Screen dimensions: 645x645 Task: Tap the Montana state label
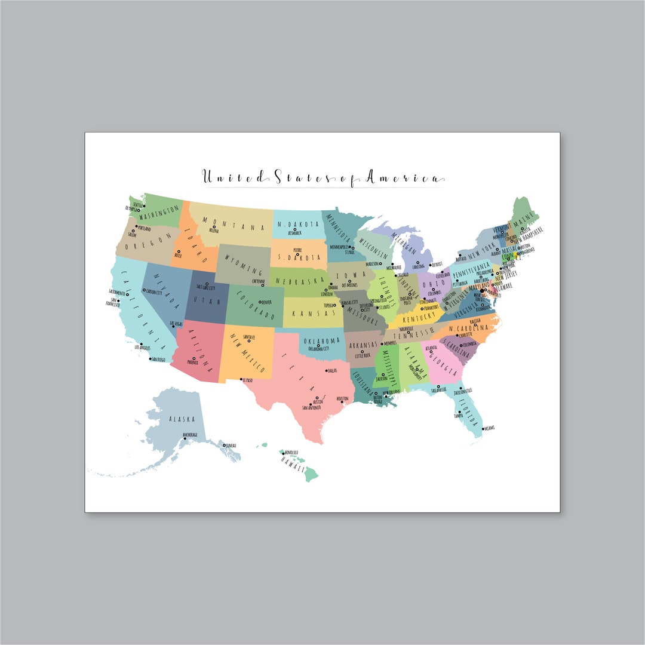(233, 224)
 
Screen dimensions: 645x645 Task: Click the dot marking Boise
(179, 252)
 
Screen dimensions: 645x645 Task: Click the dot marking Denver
(259, 302)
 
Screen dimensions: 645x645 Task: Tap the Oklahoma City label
(318, 349)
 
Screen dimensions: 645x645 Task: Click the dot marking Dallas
(327, 371)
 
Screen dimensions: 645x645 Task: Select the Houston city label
(342, 399)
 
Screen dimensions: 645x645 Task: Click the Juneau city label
(231, 446)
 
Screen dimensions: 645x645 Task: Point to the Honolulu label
(292, 453)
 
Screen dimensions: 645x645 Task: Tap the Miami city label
(490, 428)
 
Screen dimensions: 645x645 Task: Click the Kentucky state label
(418, 315)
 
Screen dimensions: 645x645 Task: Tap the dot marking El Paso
(241, 379)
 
